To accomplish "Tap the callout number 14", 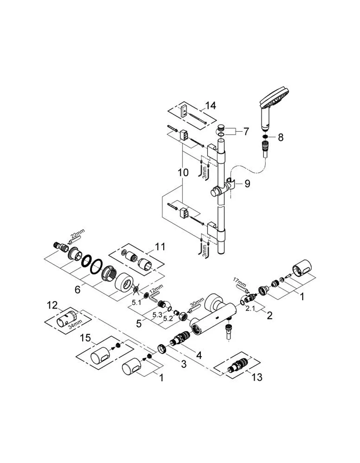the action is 210,106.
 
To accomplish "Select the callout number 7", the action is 246,131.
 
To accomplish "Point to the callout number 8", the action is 281,137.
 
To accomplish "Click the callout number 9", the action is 247,183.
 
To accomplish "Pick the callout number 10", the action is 183,172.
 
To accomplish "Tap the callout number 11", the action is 160,247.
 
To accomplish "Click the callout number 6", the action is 78,290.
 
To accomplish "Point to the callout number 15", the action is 85,338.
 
